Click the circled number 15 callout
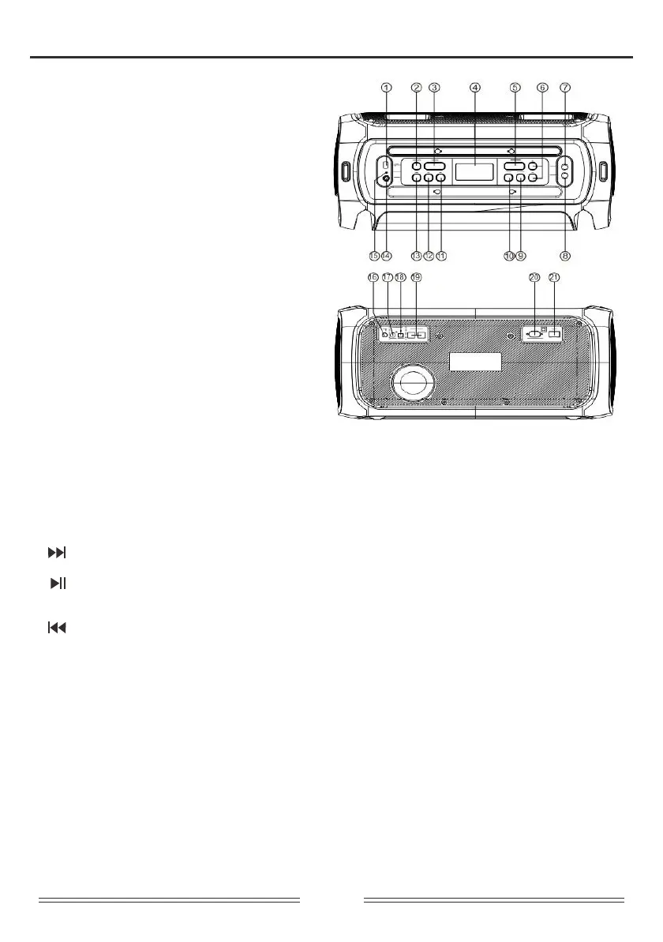[x=375, y=256]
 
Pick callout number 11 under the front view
[x=441, y=256]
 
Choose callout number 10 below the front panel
[x=509, y=256]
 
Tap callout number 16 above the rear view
[x=373, y=277]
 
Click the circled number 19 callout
[x=416, y=277]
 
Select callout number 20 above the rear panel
[x=534, y=277]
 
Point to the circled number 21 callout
[x=554, y=277]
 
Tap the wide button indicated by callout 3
[x=434, y=167]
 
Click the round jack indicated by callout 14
[x=386, y=179]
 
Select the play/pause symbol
[x=58, y=584]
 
